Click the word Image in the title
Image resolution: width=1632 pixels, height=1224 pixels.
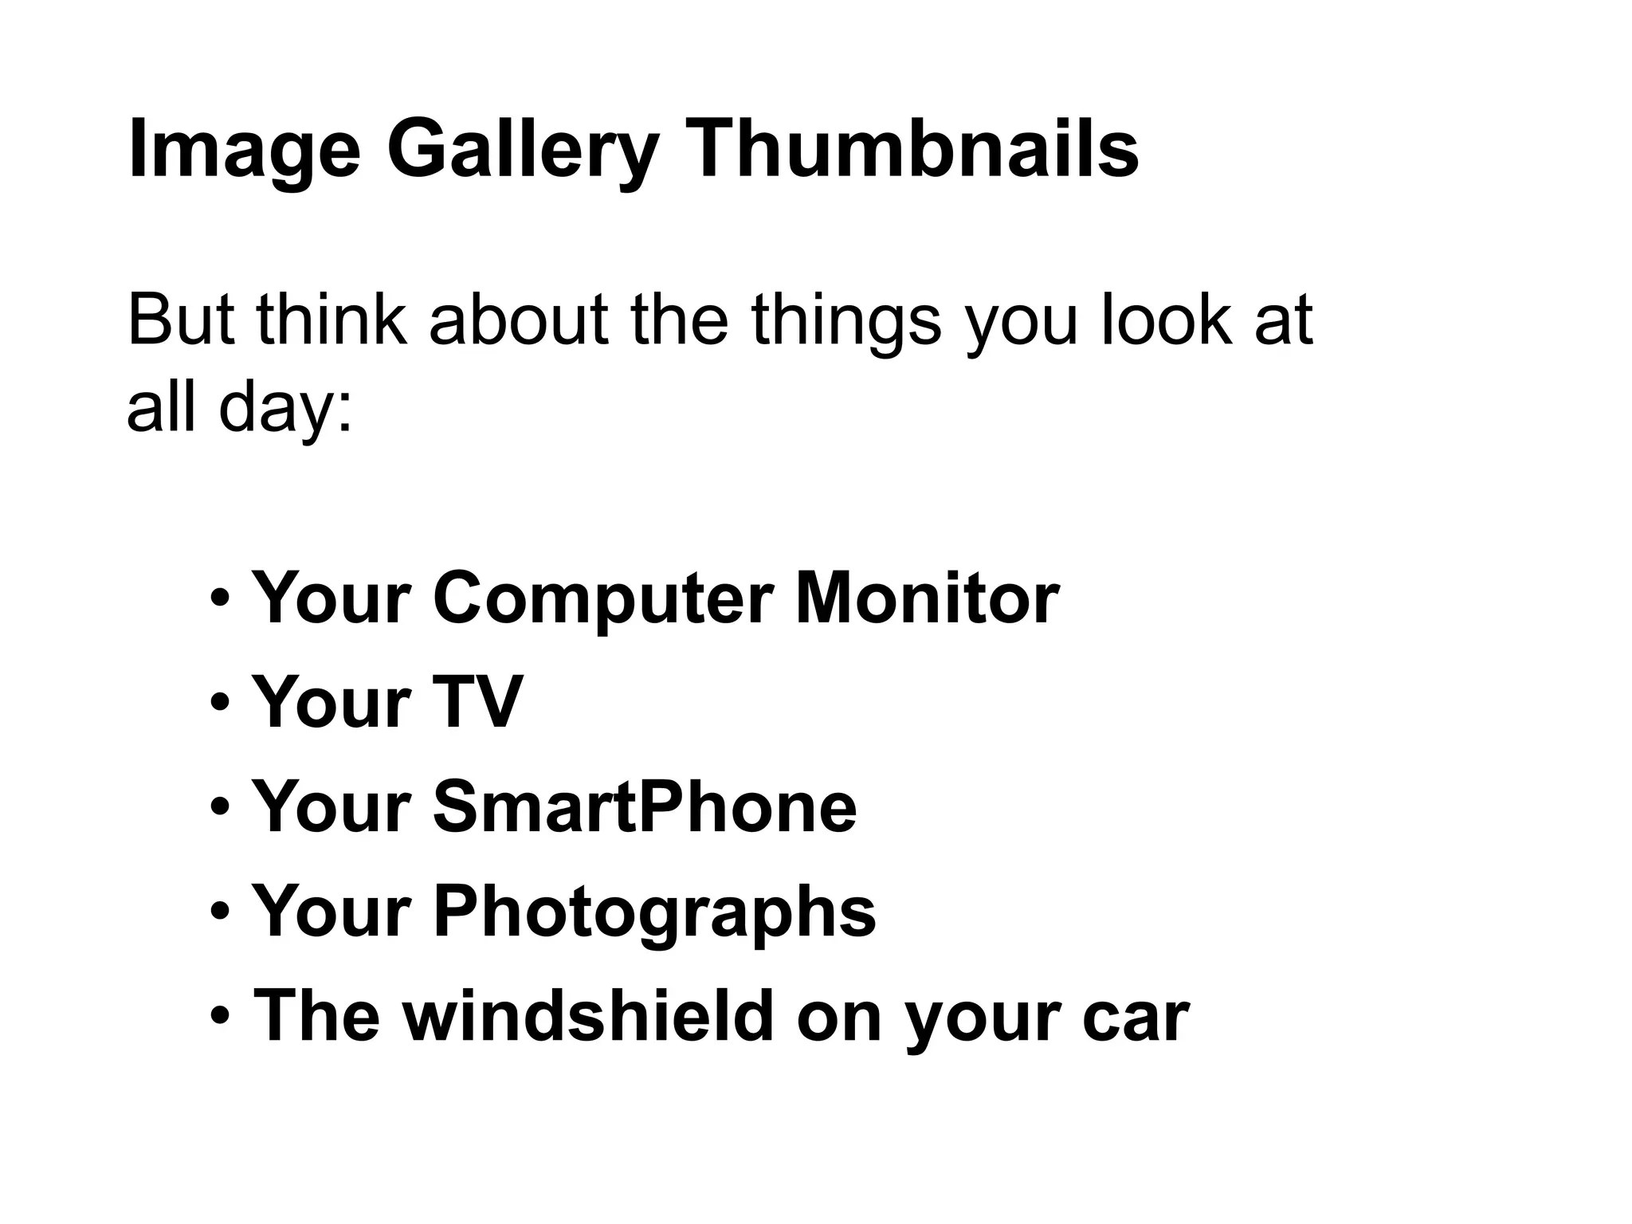click(244, 150)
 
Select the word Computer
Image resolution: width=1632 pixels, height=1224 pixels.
click(602, 598)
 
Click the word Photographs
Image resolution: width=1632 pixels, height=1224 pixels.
click(653, 912)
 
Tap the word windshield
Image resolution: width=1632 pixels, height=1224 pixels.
click(588, 1015)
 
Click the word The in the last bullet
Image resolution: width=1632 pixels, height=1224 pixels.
click(316, 1015)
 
